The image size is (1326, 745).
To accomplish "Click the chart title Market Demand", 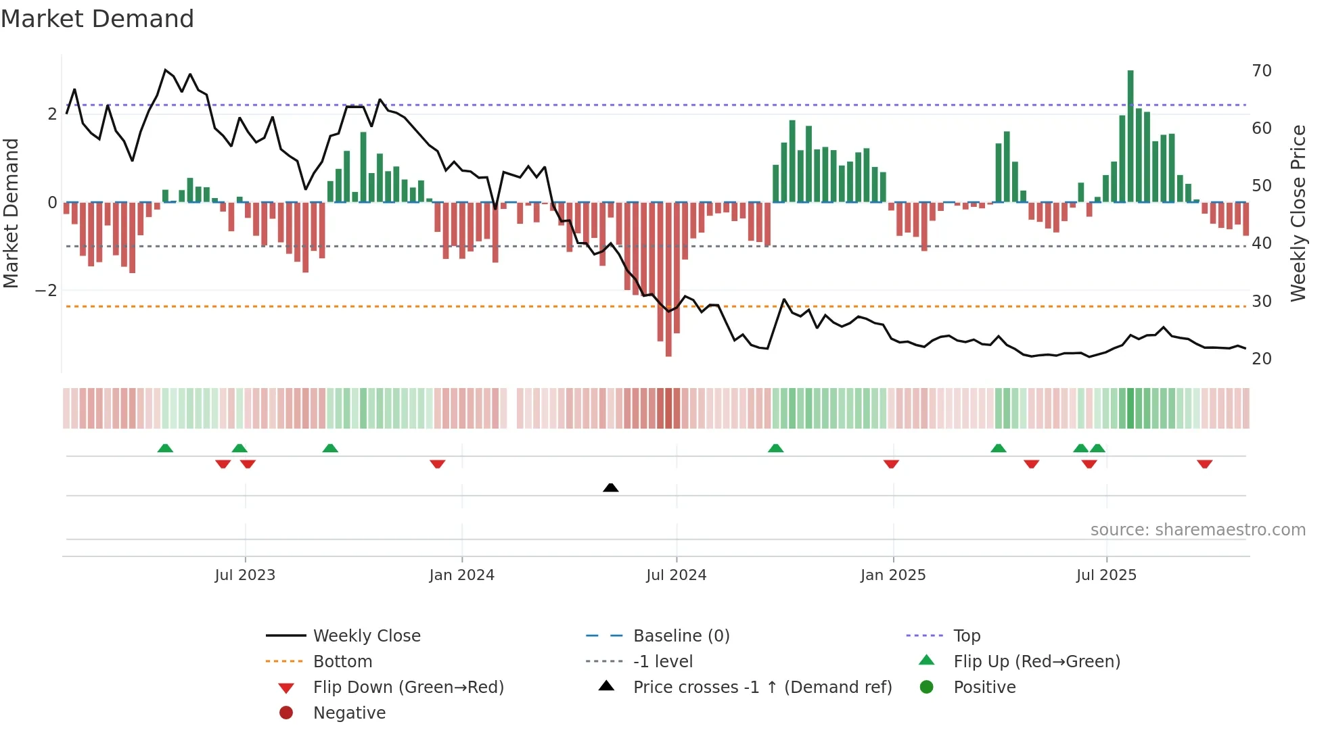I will tap(97, 19).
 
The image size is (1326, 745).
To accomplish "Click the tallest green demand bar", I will tap(1130, 135).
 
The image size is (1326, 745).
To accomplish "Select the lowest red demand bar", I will tap(668, 279).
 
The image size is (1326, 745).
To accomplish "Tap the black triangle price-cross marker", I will tap(610, 487).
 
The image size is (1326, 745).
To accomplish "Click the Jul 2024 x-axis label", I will tap(676, 575).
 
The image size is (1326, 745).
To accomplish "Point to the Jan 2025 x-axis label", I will tap(892, 575).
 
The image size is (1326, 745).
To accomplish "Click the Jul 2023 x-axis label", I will tap(245, 575).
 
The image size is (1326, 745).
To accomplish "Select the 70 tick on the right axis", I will tap(1261, 71).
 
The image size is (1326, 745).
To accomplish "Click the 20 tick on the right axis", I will tap(1261, 358).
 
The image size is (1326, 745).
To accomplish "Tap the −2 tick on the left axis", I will tap(46, 290).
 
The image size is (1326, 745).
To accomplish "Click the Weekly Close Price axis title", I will tap(1298, 213).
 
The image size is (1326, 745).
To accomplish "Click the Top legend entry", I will tap(966, 635).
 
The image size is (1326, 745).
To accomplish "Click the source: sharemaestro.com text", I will tap(1197, 529).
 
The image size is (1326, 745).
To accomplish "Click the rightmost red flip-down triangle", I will tap(1204, 464).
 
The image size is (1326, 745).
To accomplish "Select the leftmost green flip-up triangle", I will tap(165, 448).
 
